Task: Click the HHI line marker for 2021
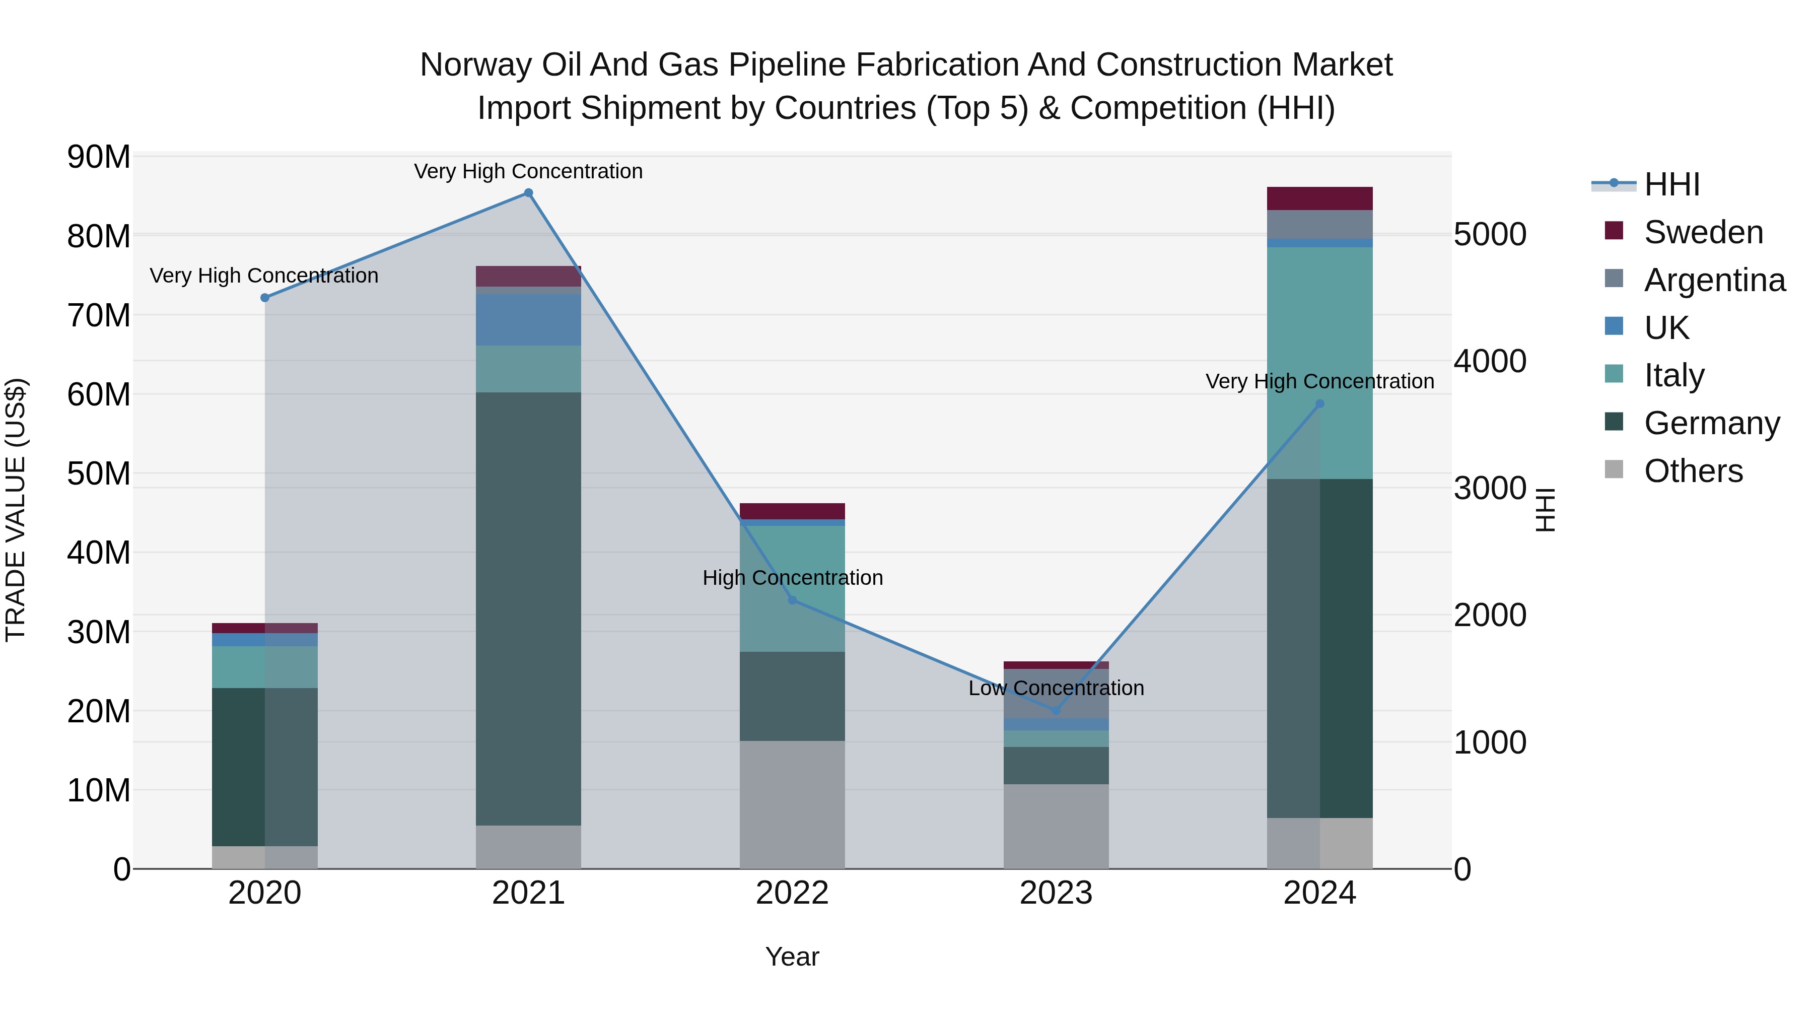click(529, 193)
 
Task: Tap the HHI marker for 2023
click(1056, 710)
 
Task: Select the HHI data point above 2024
click(1319, 404)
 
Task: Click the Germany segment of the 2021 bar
click(529, 609)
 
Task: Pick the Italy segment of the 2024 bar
click(1319, 363)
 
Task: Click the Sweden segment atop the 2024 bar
click(1319, 198)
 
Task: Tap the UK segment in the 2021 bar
click(529, 319)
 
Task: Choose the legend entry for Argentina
click(1714, 280)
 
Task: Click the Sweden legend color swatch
click(1614, 231)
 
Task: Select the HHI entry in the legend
click(1671, 184)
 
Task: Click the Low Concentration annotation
click(1056, 688)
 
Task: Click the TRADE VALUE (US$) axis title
click(16, 510)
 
